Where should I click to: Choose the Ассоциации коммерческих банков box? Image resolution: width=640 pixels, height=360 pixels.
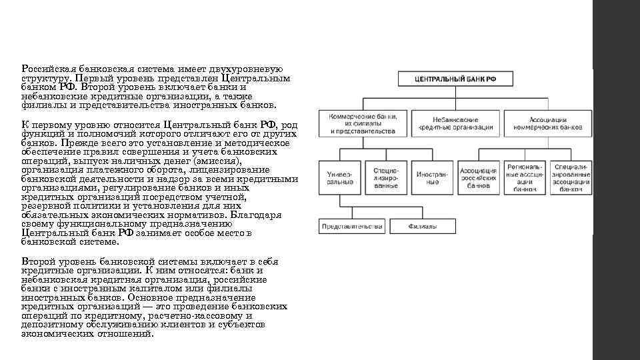click(x=548, y=124)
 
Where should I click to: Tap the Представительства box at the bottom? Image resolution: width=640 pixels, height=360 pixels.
click(x=351, y=227)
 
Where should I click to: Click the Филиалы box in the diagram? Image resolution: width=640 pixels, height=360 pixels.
click(x=423, y=227)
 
